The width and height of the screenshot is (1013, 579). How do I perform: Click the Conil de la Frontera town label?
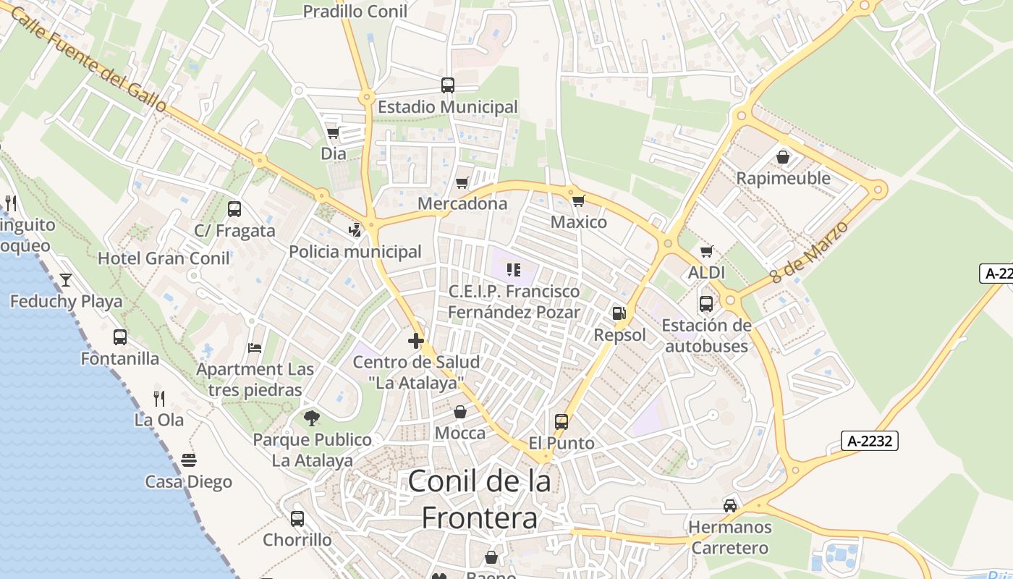point(480,499)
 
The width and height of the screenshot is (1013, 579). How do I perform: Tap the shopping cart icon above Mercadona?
point(462,182)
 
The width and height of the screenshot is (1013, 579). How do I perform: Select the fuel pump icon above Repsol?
point(619,313)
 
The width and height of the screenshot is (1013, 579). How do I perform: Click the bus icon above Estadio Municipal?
point(448,85)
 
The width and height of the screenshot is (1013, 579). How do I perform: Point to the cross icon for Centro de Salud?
point(416,340)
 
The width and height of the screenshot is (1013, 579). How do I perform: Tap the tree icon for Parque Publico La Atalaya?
point(312,418)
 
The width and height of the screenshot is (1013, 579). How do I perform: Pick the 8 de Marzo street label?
point(808,252)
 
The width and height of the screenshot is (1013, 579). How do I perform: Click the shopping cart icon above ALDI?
point(707,251)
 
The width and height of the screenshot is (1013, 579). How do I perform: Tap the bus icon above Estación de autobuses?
point(706,304)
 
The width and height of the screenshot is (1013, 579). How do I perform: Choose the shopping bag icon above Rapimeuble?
point(783,156)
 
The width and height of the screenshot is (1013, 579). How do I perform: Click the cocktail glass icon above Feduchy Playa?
point(66,279)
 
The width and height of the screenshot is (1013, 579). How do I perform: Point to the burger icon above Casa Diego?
point(189,460)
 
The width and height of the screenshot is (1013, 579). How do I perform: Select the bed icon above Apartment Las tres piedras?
point(255,348)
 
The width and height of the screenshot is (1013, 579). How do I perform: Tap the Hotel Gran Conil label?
point(164,258)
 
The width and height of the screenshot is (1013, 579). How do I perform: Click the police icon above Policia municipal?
point(355,230)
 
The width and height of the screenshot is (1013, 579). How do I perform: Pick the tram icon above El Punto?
point(561,421)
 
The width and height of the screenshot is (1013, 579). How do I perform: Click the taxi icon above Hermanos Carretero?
point(730,505)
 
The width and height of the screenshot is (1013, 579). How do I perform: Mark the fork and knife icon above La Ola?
point(159,398)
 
